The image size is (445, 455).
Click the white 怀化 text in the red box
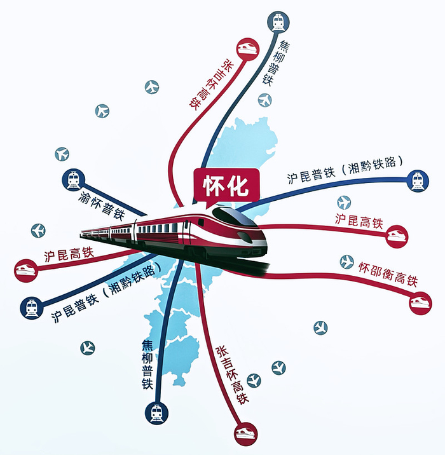224,186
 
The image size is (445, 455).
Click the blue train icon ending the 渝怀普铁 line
72,179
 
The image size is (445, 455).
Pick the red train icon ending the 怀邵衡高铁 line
420,302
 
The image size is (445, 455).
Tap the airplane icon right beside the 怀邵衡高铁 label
346,261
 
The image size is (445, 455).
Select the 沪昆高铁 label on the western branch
69,256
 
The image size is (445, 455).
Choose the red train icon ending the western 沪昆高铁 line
25,269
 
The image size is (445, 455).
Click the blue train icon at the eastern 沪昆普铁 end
417,180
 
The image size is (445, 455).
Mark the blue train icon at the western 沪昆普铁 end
31,308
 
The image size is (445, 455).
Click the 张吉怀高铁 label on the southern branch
233,376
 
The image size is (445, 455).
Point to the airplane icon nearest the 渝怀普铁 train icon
62,154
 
